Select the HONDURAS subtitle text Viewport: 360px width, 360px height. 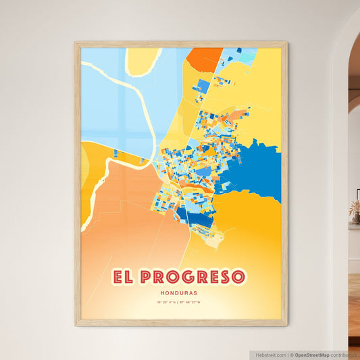[180, 292]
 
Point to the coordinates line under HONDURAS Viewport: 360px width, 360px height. [180, 303]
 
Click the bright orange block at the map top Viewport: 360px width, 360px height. [204, 59]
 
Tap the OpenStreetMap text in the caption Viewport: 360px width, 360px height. [312, 355]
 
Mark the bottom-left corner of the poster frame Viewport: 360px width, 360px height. [76, 325]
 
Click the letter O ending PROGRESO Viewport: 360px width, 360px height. [238, 277]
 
